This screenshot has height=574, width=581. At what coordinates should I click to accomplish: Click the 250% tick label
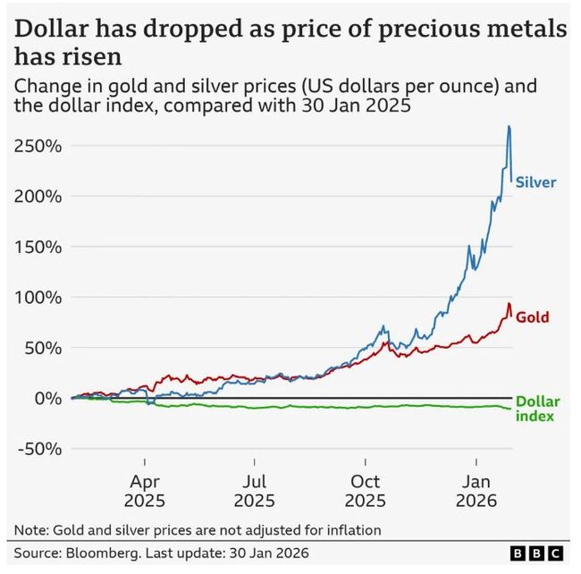click(37, 146)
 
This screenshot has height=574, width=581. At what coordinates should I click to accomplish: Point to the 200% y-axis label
click(37, 196)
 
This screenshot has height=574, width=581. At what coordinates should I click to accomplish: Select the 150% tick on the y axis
click(37, 247)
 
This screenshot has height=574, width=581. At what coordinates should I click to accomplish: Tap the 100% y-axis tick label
click(37, 297)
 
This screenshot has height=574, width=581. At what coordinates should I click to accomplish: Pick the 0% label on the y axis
click(46, 398)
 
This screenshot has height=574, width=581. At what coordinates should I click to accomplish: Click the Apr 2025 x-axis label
click(144, 490)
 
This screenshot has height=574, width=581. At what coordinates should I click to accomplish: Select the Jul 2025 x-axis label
click(254, 490)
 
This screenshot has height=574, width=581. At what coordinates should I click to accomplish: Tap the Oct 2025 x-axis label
click(366, 490)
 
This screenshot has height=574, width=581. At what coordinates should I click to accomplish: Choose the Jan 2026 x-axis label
click(476, 490)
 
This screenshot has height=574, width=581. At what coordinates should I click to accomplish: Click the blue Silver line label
click(536, 182)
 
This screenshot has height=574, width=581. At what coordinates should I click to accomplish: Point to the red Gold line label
click(533, 317)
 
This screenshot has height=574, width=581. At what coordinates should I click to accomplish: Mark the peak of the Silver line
click(509, 126)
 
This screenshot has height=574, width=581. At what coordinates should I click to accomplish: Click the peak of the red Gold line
click(509, 303)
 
